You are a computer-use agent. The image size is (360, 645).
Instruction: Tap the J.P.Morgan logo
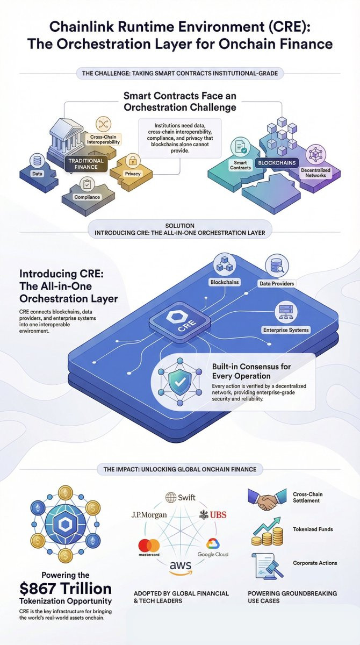pyautogui.click(x=149, y=515)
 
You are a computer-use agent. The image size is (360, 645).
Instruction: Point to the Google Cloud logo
pyautogui.click(x=213, y=548)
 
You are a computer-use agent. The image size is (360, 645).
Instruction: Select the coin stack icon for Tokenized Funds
pyautogui.click(x=267, y=532)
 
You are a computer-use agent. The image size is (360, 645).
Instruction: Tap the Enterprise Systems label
pyautogui.click(x=285, y=329)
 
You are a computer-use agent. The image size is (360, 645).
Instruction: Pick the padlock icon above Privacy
pyautogui.click(x=132, y=160)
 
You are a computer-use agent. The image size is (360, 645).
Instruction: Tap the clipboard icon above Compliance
pyautogui.click(x=87, y=184)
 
